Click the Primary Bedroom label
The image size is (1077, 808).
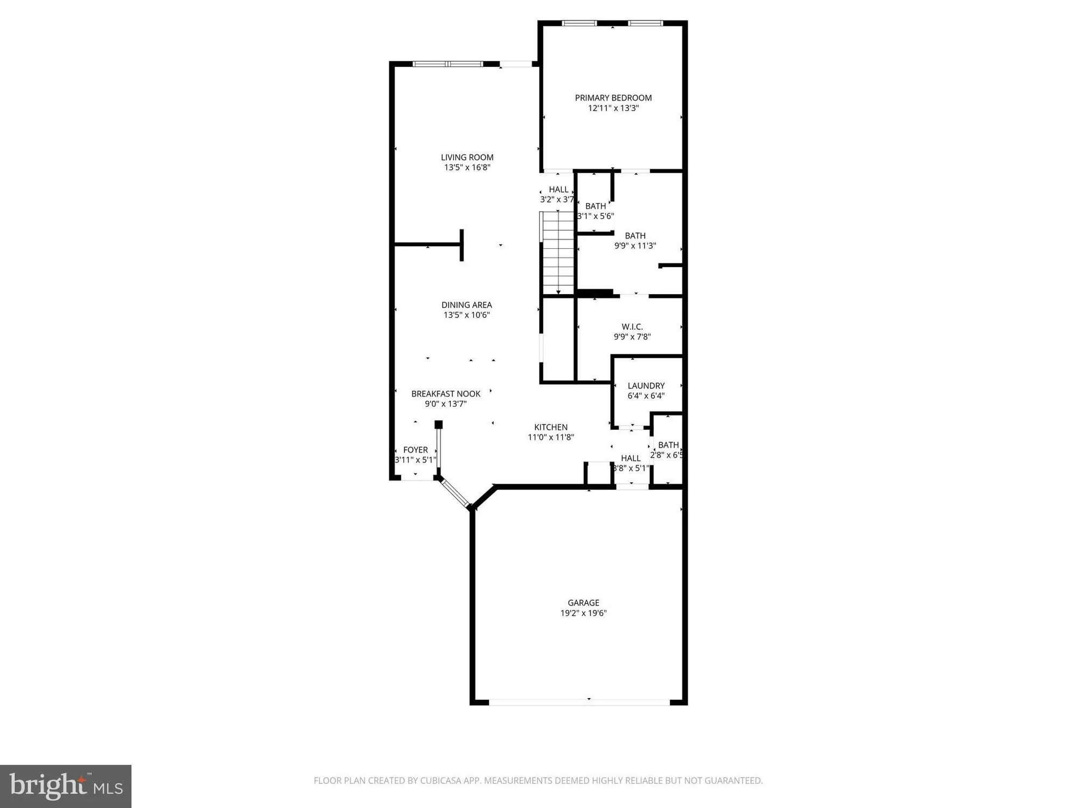[613, 98]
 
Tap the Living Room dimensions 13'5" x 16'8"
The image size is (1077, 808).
[467, 168]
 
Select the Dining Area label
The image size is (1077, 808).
[466, 305]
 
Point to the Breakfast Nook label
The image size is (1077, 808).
[445, 394]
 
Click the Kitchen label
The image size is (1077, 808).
[550, 427]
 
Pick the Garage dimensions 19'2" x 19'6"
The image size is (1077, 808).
[583, 613]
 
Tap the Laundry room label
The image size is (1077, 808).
[646, 386]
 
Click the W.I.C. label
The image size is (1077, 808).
[632, 327]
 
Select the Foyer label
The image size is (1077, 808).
[415, 450]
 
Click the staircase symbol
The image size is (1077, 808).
[558, 252]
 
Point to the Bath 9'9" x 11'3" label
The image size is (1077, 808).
[635, 236]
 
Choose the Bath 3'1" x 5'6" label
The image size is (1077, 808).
[595, 206]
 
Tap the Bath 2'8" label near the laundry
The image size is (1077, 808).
[668, 445]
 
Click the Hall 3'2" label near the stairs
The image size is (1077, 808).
[558, 190]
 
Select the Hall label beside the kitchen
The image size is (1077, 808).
[631, 458]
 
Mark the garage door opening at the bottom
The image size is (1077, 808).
[579, 702]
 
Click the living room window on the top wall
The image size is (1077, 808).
[448, 64]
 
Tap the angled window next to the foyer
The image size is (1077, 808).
[454, 493]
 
